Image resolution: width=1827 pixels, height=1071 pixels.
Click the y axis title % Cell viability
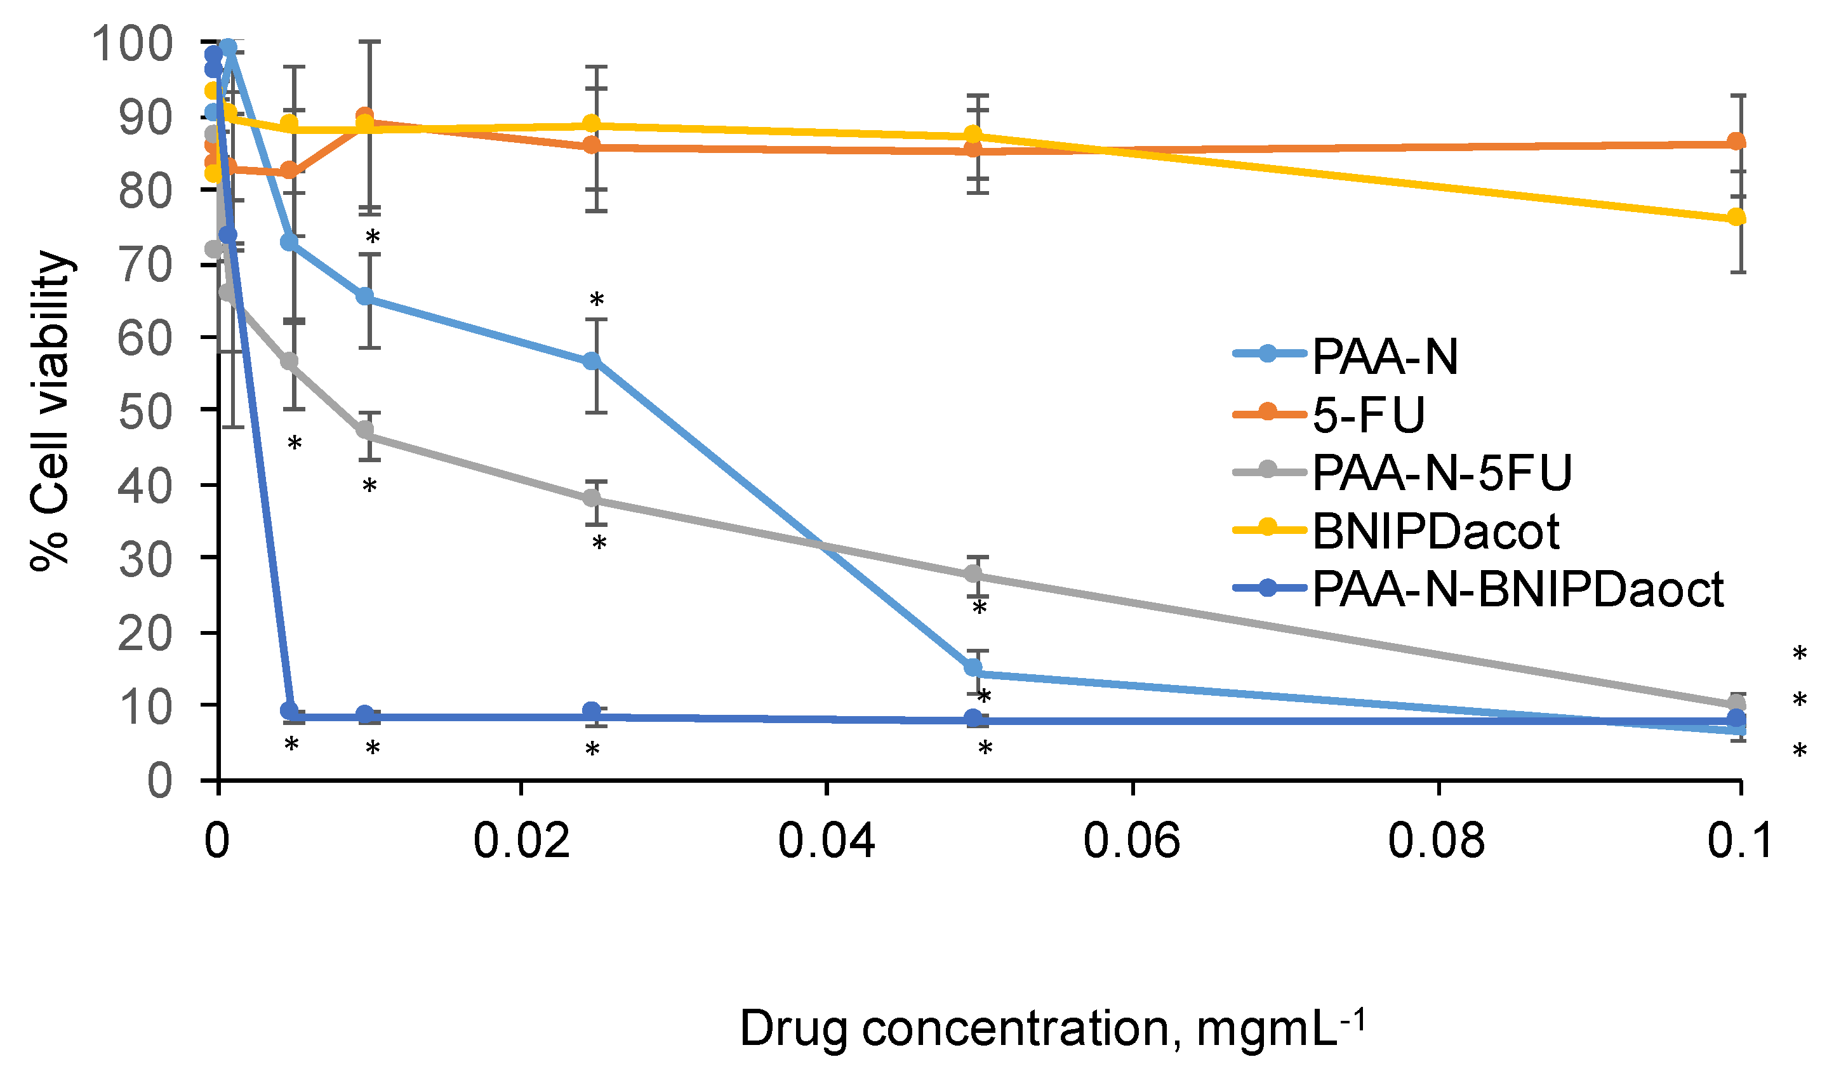coord(51,412)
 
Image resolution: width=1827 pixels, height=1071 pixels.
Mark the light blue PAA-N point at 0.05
coord(974,667)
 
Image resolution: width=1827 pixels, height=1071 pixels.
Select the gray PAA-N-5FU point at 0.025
coord(592,498)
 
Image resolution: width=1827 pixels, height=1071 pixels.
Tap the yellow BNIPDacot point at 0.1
coord(1736,217)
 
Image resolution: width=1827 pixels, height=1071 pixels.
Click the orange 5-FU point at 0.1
coord(1736,142)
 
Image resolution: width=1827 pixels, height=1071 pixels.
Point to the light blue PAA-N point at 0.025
coord(592,361)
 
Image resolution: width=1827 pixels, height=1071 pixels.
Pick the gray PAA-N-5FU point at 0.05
coord(974,575)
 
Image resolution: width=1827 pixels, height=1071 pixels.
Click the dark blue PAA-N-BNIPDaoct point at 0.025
coord(592,710)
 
